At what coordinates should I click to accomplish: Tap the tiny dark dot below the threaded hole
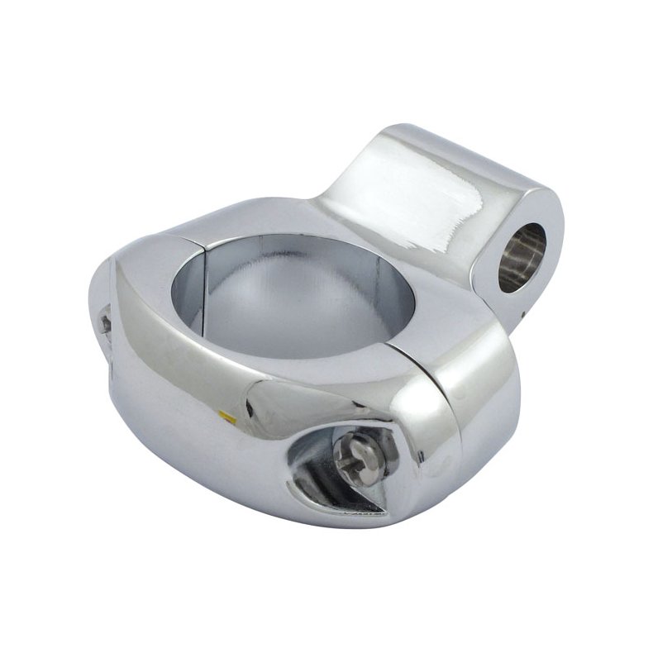click(x=521, y=312)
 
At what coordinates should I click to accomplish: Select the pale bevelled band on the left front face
click(x=141, y=331)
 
